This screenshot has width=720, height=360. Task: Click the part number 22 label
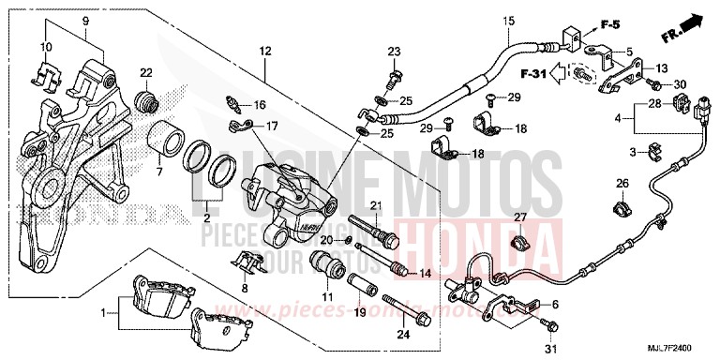[x=146, y=73]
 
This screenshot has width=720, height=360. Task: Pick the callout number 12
[x=265, y=49]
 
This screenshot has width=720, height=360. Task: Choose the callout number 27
[x=516, y=217]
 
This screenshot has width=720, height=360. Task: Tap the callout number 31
[x=550, y=351]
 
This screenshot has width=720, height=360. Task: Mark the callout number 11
[x=328, y=297]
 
